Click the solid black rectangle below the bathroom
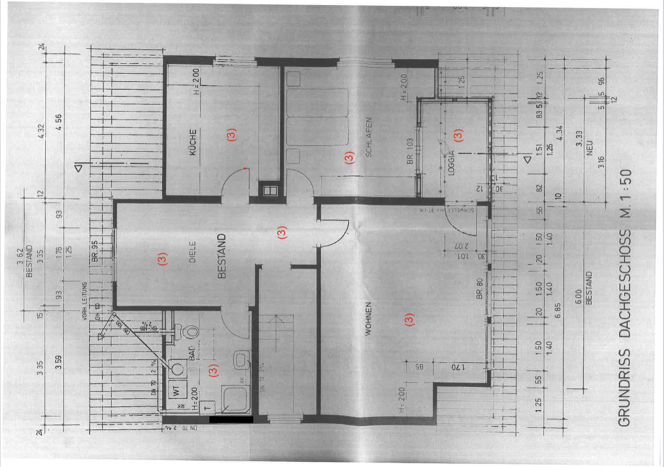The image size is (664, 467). coord(230,419)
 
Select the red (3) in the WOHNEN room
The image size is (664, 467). coord(408,320)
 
